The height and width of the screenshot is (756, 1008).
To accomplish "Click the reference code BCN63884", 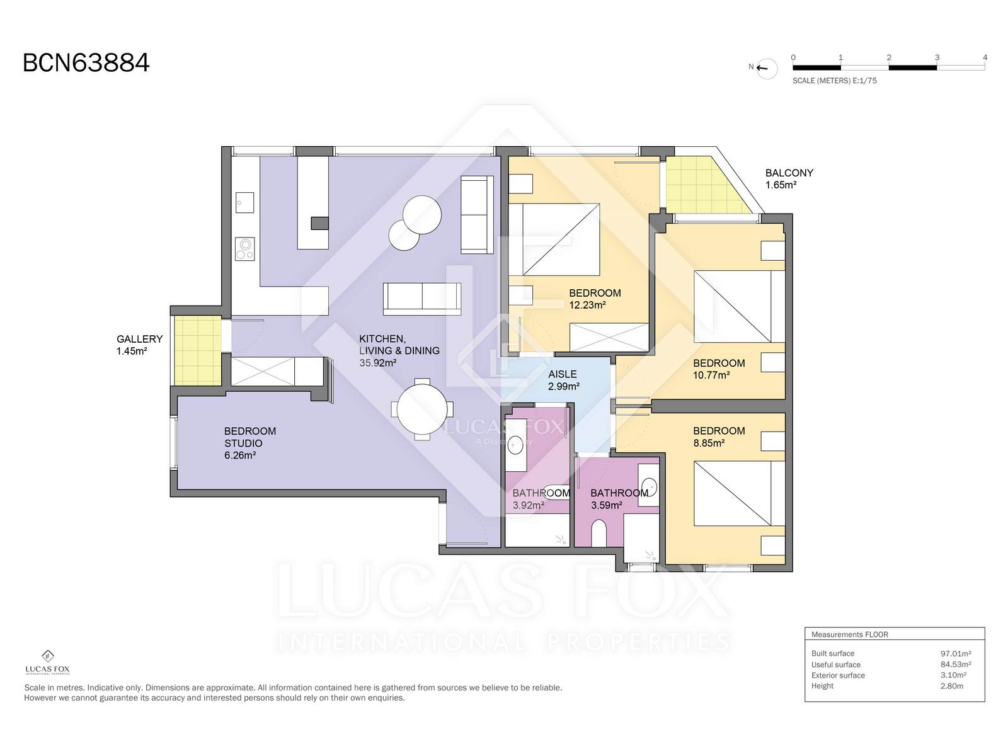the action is tap(86, 63).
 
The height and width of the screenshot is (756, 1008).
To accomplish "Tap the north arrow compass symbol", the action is tap(766, 69).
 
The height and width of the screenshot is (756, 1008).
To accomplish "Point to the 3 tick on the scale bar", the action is tap(937, 57).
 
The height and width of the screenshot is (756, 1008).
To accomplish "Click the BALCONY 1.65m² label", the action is tap(789, 179).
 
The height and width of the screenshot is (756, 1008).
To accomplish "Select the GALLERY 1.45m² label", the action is tap(140, 345).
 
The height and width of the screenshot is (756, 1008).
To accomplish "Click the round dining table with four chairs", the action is tap(422, 409).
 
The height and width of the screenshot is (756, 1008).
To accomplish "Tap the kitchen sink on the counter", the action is tap(245, 202).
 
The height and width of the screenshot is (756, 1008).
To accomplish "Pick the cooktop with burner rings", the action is tap(245, 249).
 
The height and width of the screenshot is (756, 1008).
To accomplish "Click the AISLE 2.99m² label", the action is tap(563, 380).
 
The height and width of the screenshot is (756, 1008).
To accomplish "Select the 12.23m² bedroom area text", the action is tap(587, 305).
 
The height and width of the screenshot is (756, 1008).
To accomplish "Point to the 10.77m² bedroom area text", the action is tap(711, 375).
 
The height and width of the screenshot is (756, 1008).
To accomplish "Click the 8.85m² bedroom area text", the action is tap(709, 443).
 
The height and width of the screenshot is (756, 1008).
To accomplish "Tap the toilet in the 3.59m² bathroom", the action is tap(599, 533).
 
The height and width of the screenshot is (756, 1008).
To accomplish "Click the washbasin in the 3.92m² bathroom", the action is tap(515, 444).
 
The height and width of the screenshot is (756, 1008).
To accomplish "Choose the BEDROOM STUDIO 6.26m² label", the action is tap(250, 443).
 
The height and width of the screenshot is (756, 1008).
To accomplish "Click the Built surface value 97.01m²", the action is tap(956, 654).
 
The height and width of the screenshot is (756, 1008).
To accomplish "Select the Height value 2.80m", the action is tap(951, 686).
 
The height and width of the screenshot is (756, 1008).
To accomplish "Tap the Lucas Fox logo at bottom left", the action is tap(47, 662).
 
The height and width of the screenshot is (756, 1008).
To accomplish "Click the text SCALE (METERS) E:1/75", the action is tap(834, 81).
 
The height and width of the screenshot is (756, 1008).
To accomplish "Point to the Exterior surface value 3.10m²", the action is tap(953, 675).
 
